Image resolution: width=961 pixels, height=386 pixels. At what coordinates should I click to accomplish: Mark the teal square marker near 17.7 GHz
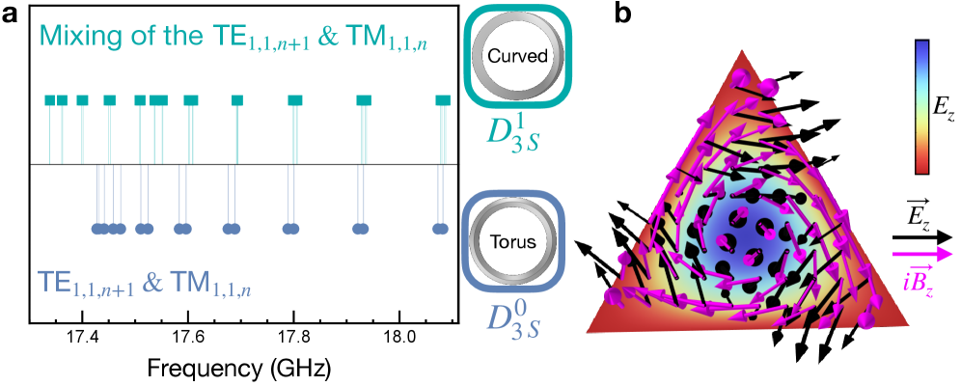point(236,99)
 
